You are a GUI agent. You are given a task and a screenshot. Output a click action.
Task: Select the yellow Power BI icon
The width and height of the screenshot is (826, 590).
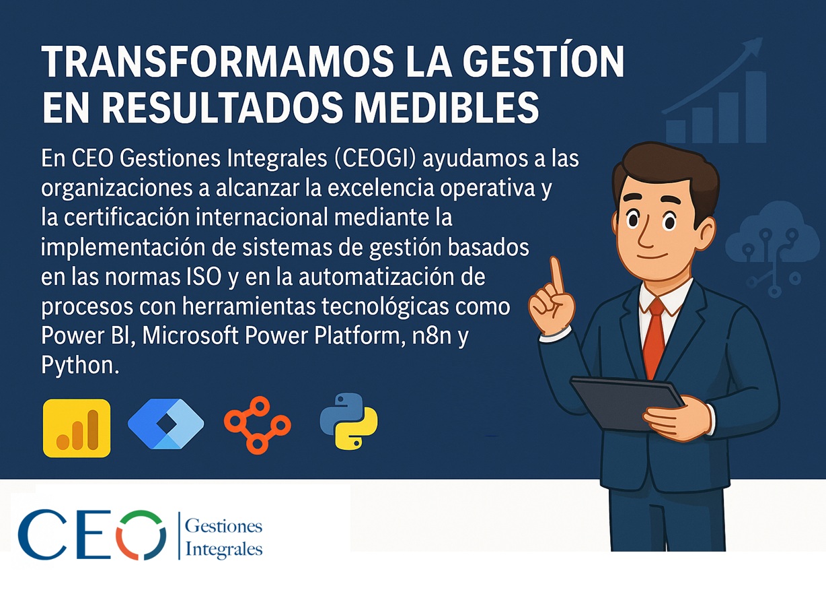pos(77,428)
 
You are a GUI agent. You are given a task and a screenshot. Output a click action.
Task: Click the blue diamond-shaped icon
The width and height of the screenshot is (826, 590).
pos(166,424)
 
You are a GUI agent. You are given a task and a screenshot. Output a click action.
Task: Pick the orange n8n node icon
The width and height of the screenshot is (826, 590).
pos(258,424)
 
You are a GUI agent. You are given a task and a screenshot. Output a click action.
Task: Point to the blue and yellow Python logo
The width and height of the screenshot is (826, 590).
pos(348,421)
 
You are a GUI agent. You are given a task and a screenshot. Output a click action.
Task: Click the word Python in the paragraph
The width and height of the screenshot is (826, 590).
pos(80,366)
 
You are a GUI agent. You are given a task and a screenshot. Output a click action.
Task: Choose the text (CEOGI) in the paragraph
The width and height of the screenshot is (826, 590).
pos(375,158)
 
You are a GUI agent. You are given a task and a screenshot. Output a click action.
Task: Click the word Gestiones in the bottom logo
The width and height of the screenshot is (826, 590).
pos(224,526)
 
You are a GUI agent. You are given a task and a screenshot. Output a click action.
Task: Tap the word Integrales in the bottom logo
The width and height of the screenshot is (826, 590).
pos(224,549)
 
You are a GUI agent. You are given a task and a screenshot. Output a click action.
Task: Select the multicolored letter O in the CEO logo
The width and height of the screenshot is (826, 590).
pos(141,535)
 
